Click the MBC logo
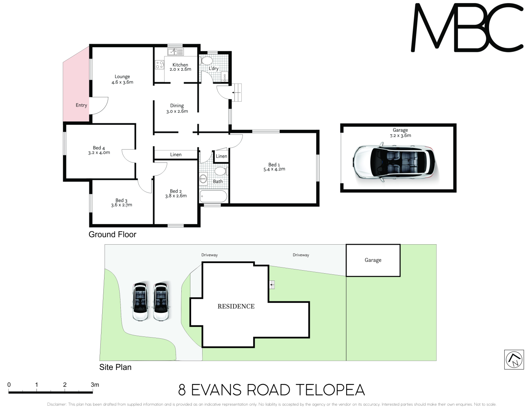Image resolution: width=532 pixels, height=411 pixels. [467, 27]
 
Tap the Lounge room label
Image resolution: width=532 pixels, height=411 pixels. [122, 80]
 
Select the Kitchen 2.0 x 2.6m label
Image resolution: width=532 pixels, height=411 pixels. [180, 67]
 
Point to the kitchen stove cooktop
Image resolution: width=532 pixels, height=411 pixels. [160, 65]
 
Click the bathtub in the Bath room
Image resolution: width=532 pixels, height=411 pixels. [214, 196]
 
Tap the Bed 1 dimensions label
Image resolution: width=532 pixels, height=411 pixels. [274, 169]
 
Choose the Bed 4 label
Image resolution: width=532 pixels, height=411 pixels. [99, 150]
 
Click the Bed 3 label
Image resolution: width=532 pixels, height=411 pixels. [122, 203]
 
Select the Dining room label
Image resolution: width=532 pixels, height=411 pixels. [177, 108]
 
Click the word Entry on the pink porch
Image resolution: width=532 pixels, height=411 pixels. [81, 105]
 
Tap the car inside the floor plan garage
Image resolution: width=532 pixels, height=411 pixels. [394, 162]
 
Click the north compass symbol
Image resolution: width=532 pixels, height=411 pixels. [514, 360]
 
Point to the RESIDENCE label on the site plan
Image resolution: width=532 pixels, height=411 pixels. [236, 306]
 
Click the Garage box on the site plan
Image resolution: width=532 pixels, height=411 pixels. [373, 260]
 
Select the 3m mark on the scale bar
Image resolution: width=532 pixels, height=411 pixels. [95, 385]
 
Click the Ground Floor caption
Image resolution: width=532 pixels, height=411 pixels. [112, 234]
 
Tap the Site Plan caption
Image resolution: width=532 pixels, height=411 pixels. [115, 367]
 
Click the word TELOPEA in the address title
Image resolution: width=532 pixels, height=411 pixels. [330, 390]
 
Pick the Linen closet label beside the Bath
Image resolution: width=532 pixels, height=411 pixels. [222, 156]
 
